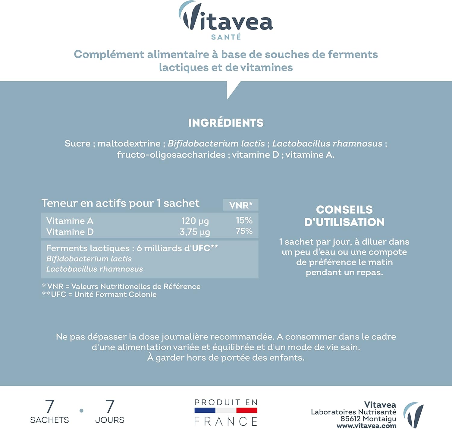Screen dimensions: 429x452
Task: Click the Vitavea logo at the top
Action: coord(226,17)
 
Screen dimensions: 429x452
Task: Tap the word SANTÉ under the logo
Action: coord(226,37)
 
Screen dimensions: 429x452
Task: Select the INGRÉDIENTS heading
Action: coord(226,123)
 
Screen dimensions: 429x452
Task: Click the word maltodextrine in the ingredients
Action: coord(129,144)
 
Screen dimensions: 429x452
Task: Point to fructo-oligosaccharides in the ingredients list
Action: coord(171,155)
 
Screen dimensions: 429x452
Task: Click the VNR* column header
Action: coord(241,205)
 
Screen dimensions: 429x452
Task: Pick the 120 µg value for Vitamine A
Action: coord(195,221)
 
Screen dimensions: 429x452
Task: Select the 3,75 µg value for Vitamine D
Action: coord(195,232)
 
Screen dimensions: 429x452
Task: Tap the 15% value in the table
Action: coord(244,220)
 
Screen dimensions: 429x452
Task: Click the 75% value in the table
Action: coord(244,231)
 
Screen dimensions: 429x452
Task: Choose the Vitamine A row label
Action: coord(70,221)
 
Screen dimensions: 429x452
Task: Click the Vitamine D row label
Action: coord(70,232)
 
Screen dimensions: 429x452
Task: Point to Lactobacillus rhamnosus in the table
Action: coord(95,269)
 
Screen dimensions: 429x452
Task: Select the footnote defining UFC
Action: coord(99,295)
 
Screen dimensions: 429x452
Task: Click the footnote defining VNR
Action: coord(121,286)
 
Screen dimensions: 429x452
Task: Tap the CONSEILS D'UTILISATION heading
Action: coord(344,216)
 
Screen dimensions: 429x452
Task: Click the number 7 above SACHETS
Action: coord(50,406)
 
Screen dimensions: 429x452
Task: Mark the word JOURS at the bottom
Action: coord(110,420)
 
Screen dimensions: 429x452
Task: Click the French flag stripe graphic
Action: coord(226,410)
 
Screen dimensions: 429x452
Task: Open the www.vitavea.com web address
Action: coord(366,426)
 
